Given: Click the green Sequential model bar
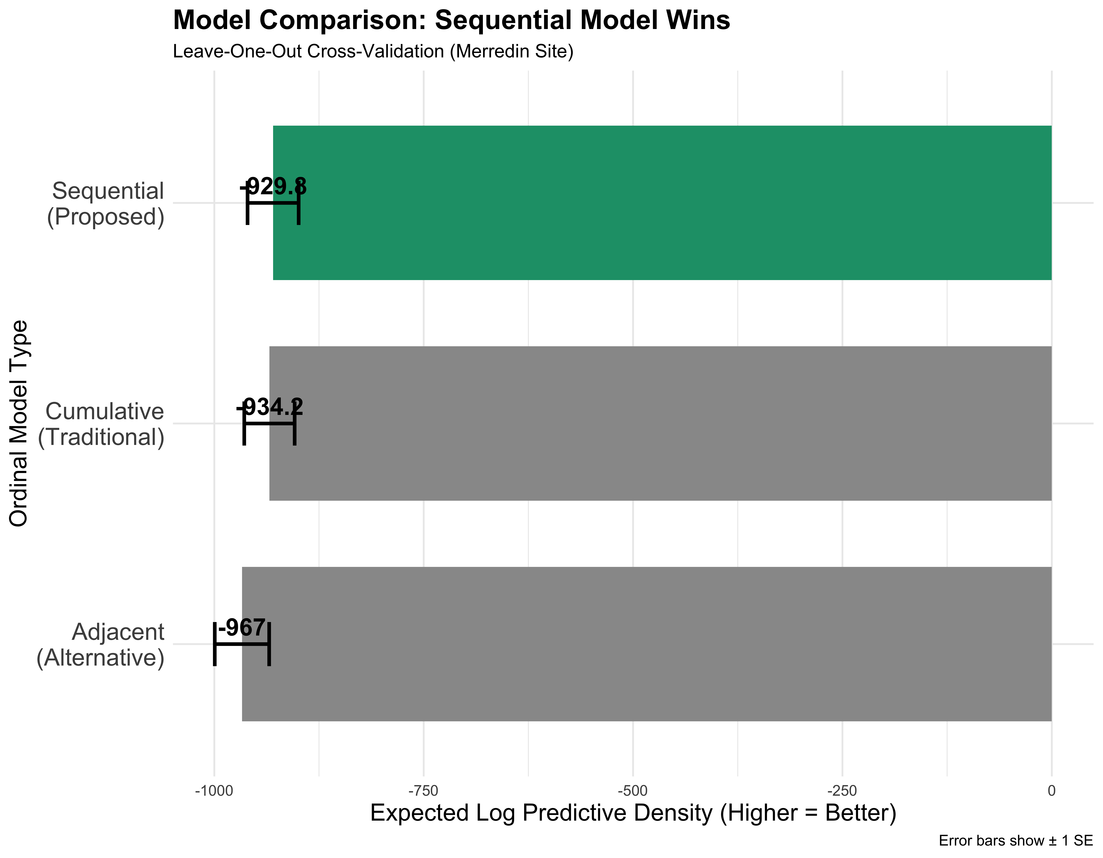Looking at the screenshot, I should click(x=662, y=202).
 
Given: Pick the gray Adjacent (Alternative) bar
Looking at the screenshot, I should click(x=646, y=644).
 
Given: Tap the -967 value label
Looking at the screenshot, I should click(x=241, y=628).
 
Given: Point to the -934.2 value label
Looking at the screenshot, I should click(x=270, y=407).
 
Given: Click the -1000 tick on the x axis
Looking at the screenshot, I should click(x=214, y=791).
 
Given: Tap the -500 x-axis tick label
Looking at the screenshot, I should click(x=633, y=791).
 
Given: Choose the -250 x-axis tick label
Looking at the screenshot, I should click(x=842, y=791).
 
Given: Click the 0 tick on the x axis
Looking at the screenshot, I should click(x=1052, y=791).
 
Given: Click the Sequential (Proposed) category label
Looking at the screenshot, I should click(x=106, y=203).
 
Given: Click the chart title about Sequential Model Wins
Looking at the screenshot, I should click(x=451, y=21).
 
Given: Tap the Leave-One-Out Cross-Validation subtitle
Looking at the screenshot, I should click(x=373, y=51).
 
